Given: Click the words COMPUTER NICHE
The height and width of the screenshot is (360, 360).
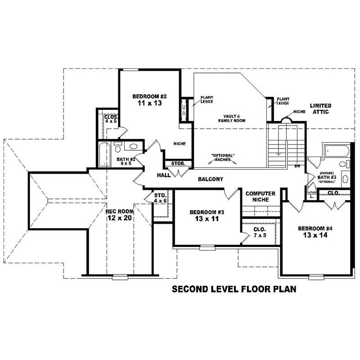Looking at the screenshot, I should [260, 196].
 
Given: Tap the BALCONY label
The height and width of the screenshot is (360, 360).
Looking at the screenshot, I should [210, 179].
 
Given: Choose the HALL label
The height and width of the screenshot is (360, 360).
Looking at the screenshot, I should [163, 175].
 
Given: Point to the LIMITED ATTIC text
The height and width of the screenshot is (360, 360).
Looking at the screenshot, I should [320, 108].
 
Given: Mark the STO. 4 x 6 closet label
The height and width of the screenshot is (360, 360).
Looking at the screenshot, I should [161, 198].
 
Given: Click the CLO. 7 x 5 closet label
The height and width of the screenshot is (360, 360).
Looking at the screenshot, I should [260, 232].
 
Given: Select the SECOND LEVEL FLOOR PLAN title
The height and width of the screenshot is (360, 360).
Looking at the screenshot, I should [234, 289].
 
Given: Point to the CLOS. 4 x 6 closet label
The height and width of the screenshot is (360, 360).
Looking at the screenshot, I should [111, 119].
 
